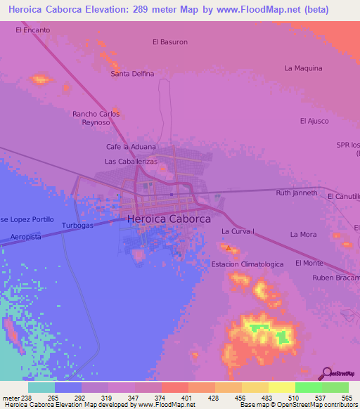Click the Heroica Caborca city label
click(x=169, y=219)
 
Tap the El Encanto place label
click(x=32, y=30)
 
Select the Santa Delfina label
click(x=132, y=74)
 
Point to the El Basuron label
click(x=170, y=42)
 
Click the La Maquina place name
click(x=303, y=68)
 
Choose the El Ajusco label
click(x=314, y=121)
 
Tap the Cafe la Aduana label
click(x=131, y=146)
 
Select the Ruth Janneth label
click(x=297, y=193)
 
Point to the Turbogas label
click(x=77, y=226)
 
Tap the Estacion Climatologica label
click(x=247, y=264)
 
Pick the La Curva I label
click(x=237, y=231)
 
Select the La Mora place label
click(x=303, y=234)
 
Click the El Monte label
click(x=309, y=263)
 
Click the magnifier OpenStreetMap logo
click(x=327, y=372)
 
